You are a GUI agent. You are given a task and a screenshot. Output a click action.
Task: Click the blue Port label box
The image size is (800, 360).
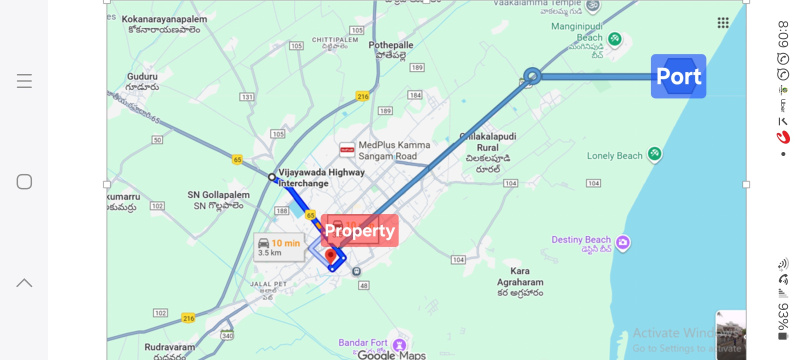[x=678, y=76]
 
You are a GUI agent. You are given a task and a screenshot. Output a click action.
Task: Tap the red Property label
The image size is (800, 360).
[x=360, y=231]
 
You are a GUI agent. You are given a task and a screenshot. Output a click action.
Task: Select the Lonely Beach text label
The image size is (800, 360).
[x=614, y=156]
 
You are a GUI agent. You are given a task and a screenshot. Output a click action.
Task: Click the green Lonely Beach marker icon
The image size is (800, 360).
[x=654, y=154]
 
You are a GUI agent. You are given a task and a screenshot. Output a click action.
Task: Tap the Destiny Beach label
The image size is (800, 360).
[x=581, y=240]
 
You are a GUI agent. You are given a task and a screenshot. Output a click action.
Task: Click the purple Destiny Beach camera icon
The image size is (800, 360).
[x=623, y=242]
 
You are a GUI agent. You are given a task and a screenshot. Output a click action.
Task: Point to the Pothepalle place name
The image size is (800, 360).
[x=391, y=46]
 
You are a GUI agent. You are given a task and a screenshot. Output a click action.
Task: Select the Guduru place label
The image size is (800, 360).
[x=143, y=76]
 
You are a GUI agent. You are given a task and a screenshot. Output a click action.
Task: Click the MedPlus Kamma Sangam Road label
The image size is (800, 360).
[x=394, y=151]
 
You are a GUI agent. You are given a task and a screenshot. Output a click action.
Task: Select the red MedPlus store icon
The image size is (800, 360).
[x=347, y=150]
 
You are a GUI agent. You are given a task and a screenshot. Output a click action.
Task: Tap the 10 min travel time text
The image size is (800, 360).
[x=285, y=243]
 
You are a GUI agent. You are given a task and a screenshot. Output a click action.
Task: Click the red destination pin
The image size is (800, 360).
[x=331, y=257]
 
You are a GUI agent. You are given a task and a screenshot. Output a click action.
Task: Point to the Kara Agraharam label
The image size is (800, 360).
[x=520, y=277]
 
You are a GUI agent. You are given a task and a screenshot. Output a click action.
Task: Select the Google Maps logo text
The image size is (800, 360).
[x=391, y=355]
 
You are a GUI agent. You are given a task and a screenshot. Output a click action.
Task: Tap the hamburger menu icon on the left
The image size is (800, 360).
[x=24, y=81]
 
